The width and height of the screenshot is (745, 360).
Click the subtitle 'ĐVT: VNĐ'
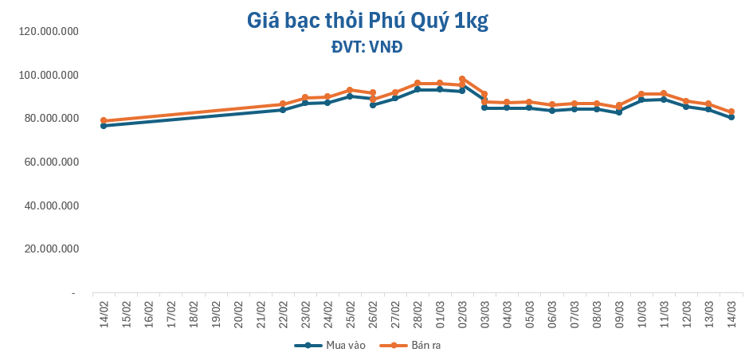(x=367, y=47)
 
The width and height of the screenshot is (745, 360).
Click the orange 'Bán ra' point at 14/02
(x=104, y=121)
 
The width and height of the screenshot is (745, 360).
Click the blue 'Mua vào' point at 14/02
(x=104, y=126)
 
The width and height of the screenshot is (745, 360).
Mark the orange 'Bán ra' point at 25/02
(x=350, y=90)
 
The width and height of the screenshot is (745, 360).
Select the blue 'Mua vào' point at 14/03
(x=731, y=117)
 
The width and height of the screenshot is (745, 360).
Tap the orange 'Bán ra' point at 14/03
(x=731, y=112)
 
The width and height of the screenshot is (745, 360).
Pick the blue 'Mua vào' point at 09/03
(x=619, y=112)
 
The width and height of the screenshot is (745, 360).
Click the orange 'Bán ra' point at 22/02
(x=283, y=104)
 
